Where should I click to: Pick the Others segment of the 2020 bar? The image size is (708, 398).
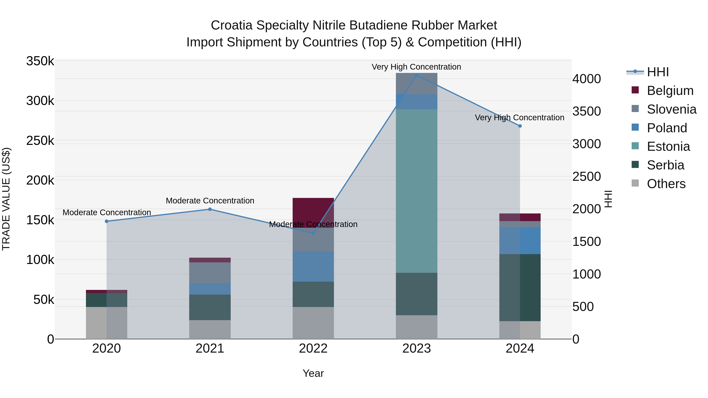106,323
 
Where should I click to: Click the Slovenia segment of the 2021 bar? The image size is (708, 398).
210,273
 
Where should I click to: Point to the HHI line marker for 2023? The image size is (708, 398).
416,75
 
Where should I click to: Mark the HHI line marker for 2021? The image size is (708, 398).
210,209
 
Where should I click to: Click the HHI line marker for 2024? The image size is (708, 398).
520,126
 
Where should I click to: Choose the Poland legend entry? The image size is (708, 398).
667,128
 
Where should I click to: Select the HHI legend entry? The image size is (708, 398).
657,72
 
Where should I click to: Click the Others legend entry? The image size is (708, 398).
666,184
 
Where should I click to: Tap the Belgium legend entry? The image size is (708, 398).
670,91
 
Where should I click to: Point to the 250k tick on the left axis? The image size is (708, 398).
40,141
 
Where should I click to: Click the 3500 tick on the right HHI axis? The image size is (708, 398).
586,111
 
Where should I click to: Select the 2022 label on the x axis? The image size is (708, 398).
313,348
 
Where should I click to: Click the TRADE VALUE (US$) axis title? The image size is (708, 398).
6,199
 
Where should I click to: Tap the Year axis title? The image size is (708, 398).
313,373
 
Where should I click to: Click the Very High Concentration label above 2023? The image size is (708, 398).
416,67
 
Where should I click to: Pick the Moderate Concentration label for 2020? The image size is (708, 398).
107,212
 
